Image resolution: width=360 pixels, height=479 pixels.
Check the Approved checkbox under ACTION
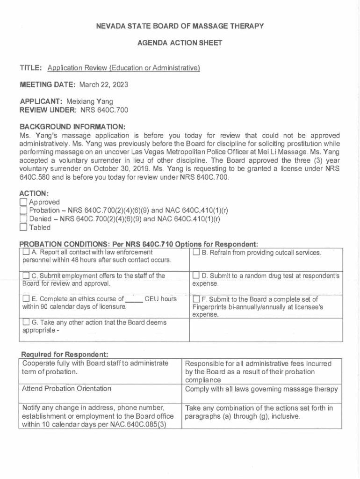click(x=23, y=202)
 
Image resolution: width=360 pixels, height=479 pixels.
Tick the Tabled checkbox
click(x=23, y=228)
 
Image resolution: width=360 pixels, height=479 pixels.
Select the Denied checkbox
click(x=23, y=219)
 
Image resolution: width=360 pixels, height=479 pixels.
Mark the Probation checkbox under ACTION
click(x=23, y=210)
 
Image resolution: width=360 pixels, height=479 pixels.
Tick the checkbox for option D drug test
click(x=196, y=276)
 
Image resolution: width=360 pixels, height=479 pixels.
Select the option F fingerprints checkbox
click(x=196, y=299)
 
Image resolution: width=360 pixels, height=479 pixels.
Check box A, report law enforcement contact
click(x=26, y=253)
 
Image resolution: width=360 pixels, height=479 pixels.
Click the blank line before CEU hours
click(x=134, y=299)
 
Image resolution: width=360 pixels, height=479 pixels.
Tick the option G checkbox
click(x=26, y=322)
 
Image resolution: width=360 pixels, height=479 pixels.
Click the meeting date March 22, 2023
click(x=103, y=85)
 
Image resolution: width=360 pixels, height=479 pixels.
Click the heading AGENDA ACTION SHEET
click(x=180, y=43)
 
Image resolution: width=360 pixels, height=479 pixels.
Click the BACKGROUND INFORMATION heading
click(x=72, y=127)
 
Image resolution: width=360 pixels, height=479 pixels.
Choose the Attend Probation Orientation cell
click(x=67, y=389)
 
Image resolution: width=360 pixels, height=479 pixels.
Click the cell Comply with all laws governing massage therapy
click(x=261, y=389)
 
